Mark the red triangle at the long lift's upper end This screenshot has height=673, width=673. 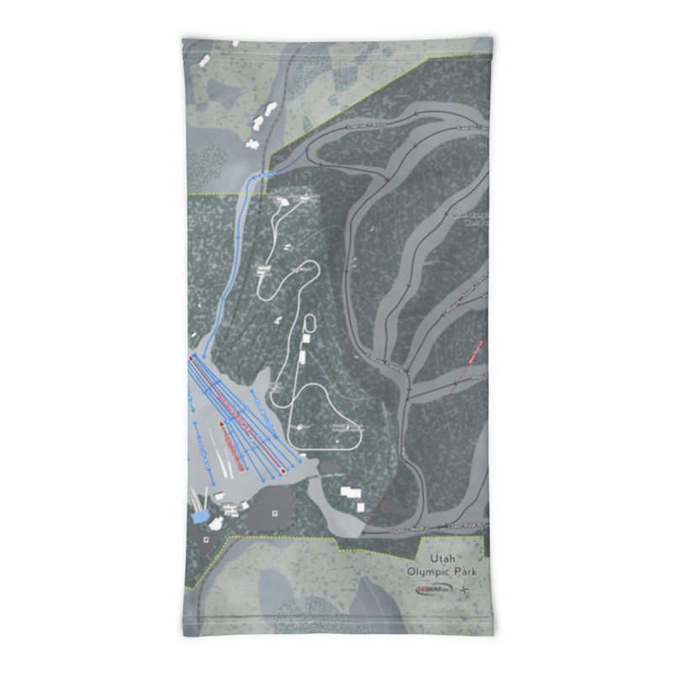[191, 358]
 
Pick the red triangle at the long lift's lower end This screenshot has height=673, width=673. [284, 472]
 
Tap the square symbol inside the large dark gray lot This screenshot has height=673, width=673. [274, 506]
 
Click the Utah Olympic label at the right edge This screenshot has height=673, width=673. [471, 219]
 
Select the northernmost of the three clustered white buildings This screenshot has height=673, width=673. [271, 109]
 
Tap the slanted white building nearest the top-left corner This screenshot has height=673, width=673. [207, 62]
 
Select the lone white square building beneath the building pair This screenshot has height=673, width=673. [361, 507]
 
